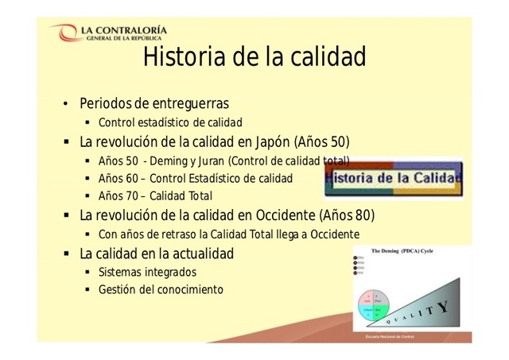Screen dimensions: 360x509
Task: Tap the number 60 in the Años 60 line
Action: (x=133, y=178)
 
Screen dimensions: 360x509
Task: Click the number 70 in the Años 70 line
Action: (x=133, y=195)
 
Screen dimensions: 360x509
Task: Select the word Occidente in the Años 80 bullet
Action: (x=286, y=215)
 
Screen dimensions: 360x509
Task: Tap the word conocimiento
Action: (x=190, y=289)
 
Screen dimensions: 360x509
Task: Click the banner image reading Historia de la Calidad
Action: (x=394, y=178)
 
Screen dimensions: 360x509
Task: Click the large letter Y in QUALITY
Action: (x=444, y=306)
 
